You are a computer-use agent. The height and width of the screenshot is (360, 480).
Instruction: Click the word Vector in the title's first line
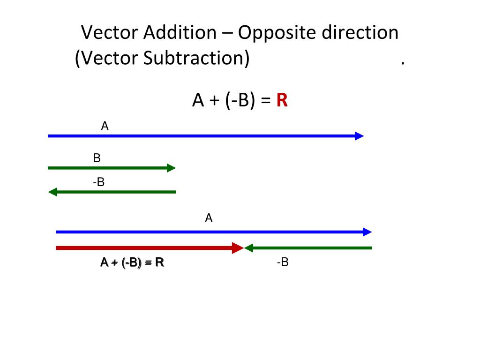tap(110, 33)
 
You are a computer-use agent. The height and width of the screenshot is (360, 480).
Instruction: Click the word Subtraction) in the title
tap(196, 59)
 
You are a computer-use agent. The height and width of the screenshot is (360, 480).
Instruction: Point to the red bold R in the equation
tap(282, 100)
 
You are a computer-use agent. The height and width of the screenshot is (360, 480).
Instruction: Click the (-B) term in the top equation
tap(239, 100)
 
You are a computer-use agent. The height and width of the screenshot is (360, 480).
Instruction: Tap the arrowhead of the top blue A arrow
tap(359, 136)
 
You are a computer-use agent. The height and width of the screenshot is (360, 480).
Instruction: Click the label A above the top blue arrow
tap(105, 126)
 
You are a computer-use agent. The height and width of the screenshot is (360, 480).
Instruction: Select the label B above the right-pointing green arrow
tap(97, 158)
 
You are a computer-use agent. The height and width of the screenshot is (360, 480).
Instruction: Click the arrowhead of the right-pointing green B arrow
tap(171, 168)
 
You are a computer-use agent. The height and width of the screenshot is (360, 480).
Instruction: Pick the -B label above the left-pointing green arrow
tap(98, 182)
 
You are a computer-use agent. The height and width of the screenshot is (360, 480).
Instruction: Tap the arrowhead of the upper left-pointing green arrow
tap(52, 192)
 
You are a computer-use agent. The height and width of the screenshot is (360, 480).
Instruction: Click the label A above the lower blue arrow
tap(209, 218)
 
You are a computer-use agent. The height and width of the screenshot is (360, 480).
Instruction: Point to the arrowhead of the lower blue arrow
tap(367, 232)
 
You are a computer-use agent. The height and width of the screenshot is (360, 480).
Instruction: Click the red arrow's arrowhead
tap(238, 248)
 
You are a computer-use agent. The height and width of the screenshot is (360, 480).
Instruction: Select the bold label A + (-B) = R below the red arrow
tap(132, 262)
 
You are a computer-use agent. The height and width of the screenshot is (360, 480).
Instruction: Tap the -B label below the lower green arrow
tap(282, 262)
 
